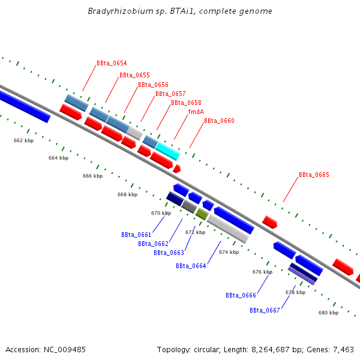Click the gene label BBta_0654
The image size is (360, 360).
click(112, 63)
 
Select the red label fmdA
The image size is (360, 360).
click(196, 112)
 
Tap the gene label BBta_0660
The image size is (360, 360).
click(219, 121)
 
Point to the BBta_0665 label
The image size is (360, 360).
click(314, 175)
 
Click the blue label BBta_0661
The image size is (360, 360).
click(136, 235)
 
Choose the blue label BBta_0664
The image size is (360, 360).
click(191, 266)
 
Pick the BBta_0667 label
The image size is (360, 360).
click(265, 310)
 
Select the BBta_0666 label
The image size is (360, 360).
click(241, 295)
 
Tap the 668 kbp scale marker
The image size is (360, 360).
click(127, 194)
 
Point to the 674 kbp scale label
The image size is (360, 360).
click(229, 252)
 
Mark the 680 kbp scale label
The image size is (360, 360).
click(328, 313)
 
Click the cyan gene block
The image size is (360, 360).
click(167, 152)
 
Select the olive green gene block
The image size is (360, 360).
click(202, 214)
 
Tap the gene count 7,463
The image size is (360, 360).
click(342, 349)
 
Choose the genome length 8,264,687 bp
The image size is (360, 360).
click(277, 349)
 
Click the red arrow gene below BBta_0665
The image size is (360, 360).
click(270, 222)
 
